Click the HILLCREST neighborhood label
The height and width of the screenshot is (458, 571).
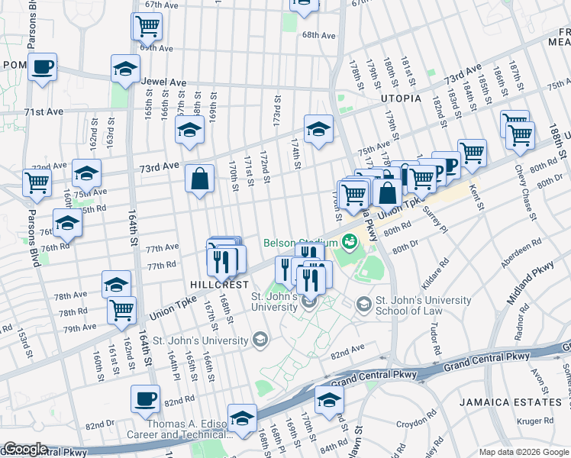[x=220, y=283]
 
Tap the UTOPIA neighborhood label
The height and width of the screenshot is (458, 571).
[x=402, y=98]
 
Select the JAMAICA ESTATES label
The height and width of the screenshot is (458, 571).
[x=511, y=402]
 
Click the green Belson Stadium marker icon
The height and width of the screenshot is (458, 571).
[x=350, y=242]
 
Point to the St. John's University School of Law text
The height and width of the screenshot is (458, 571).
[x=422, y=305]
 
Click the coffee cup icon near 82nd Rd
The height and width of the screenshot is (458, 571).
[x=145, y=398]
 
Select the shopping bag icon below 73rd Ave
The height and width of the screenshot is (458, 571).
[x=199, y=179]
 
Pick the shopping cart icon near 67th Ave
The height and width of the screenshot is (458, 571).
[x=147, y=26]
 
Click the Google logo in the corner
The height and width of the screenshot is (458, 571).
[x=25, y=449]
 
